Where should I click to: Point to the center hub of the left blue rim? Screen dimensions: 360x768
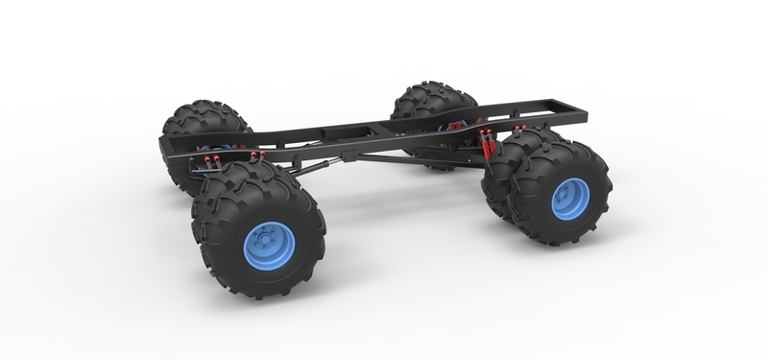tap(257, 242)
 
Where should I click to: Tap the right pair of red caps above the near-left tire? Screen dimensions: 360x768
tap(254, 155)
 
